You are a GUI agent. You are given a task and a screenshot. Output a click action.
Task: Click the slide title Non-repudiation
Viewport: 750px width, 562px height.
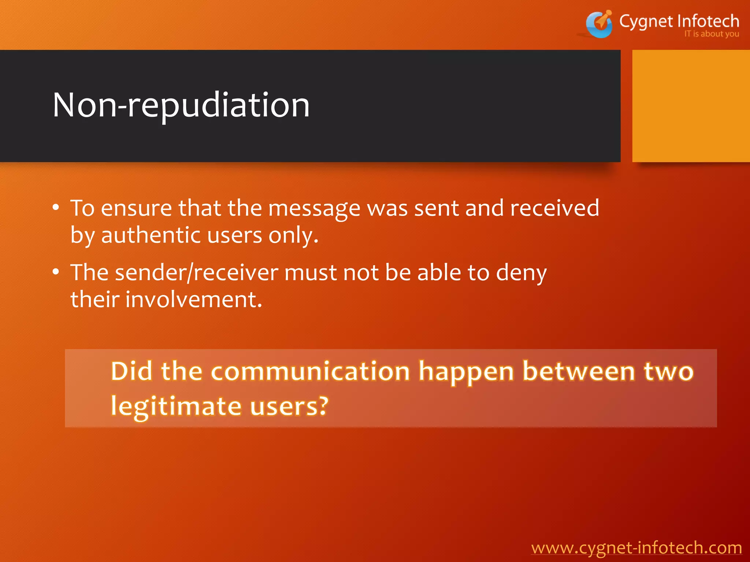pyautogui.click(x=181, y=105)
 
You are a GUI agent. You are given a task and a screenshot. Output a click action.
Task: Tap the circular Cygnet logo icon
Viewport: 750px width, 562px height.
pyautogui.click(x=599, y=25)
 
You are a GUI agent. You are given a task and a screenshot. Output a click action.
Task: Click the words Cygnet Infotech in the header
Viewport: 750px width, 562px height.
pyautogui.click(x=679, y=21)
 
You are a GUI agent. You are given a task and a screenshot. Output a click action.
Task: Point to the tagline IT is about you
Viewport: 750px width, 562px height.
pyautogui.click(x=712, y=34)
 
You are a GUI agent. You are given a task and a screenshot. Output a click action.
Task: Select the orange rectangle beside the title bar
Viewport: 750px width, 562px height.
pyautogui.click(x=691, y=106)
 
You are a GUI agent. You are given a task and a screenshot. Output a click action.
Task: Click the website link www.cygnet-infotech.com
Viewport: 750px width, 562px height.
pyautogui.click(x=636, y=548)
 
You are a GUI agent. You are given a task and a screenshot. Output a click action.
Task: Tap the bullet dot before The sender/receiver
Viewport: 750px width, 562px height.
pyautogui.click(x=56, y=272)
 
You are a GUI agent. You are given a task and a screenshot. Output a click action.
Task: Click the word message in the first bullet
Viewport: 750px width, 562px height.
pyautogui.click(x=314, y=209)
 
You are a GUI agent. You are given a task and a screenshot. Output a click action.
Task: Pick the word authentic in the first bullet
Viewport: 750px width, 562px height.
pyautogui.click(x=151, y=235)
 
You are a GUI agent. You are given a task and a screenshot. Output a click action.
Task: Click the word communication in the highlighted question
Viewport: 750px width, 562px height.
pyautogui.click(x=310, y=371)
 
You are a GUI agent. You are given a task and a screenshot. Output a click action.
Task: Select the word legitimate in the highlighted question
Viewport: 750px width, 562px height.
pyautogui.click(x=176, y=406)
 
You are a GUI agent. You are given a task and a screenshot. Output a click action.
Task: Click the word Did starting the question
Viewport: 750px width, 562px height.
pyautogui.click(x=131, y=371)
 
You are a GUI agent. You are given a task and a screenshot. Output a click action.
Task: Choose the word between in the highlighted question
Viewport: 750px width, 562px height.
pyautogui.click(x=579, y=371)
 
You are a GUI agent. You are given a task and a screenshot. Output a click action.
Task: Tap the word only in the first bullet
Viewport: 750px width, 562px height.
pyautogui.click(x=293, y=235)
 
